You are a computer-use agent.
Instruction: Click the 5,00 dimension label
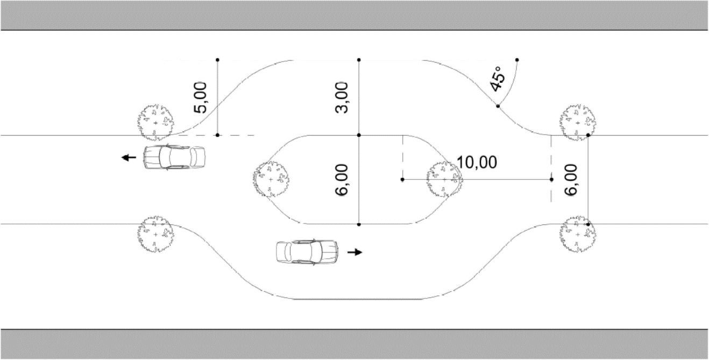200,97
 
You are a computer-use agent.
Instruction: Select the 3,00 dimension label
342,97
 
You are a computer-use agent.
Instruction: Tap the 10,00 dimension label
477,163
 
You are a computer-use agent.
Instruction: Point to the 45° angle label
497,79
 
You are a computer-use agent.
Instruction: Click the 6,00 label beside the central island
342,180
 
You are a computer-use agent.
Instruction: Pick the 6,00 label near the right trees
571,180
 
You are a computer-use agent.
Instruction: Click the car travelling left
174,157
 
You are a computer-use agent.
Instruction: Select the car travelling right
307,252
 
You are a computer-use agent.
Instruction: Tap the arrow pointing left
129,157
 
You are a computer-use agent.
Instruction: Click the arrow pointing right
355,252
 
